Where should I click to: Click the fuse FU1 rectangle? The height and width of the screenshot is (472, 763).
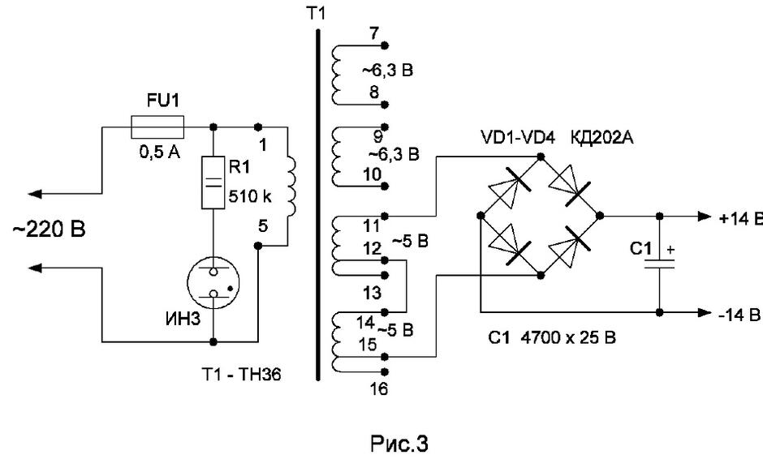157,127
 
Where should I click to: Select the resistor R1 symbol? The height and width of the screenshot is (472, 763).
213,182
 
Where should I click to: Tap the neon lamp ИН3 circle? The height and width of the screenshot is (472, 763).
213,283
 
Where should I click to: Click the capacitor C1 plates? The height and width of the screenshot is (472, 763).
659,264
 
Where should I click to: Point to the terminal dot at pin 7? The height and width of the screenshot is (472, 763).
385,45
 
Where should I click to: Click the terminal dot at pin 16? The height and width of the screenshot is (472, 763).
385,372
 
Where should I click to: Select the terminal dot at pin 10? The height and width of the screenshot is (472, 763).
385,187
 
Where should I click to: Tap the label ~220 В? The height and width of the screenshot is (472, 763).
49,229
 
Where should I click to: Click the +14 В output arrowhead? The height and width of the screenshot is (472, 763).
705,217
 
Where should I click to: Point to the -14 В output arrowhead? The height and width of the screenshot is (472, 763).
705,312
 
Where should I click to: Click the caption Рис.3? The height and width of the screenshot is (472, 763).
399,444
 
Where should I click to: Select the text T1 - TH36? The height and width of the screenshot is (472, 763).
241,375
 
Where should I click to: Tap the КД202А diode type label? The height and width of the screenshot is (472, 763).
602,138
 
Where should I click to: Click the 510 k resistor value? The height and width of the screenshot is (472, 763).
250,196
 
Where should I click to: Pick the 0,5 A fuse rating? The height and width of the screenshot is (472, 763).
160,152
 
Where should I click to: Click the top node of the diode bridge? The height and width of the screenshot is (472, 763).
540,157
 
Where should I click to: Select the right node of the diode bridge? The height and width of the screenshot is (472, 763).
600,216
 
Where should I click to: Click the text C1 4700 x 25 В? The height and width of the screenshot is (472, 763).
552,337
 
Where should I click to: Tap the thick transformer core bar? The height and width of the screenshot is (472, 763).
318,204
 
